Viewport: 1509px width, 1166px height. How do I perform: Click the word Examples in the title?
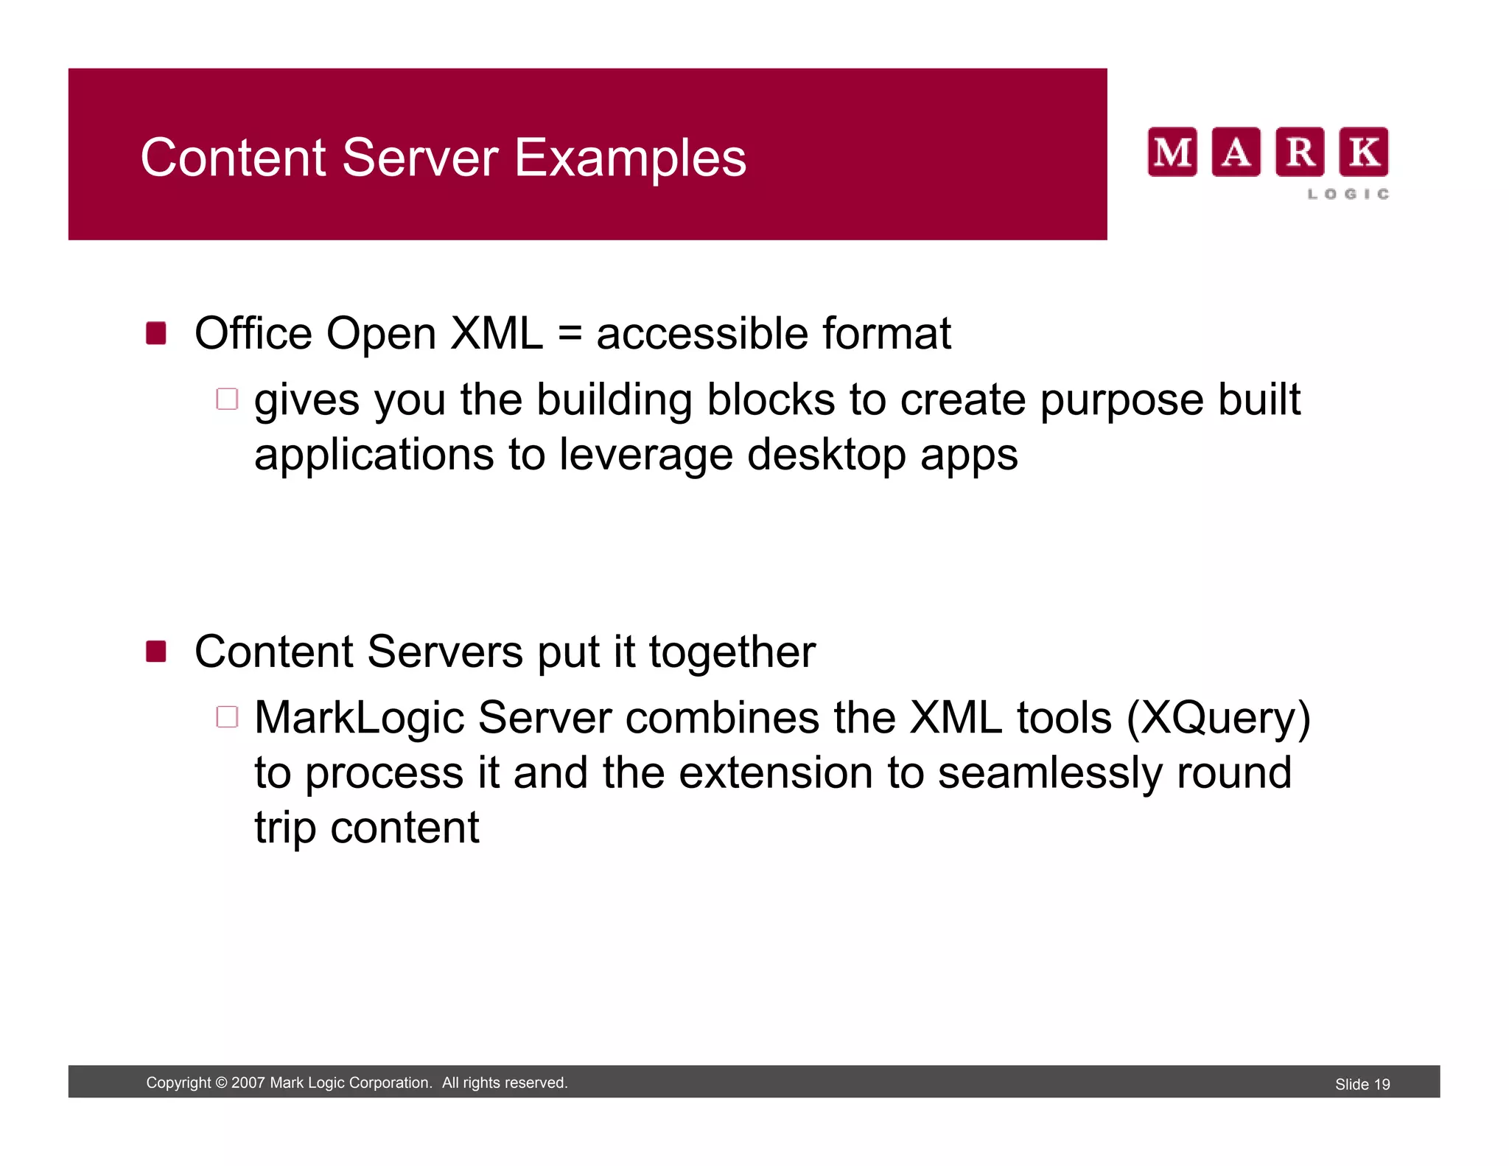point(630,158)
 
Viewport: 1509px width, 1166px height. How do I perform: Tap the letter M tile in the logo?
point(1172,152)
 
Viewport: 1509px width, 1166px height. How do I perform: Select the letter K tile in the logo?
point(1363,152)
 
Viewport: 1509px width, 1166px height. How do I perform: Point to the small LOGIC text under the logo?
point(1348,194)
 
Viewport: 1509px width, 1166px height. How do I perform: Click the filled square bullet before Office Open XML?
point(156,333)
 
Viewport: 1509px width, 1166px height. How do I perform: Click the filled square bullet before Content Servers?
point(156,652)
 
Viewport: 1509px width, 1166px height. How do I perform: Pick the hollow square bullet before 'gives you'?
point(227,399)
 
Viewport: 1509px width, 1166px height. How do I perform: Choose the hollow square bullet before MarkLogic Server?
point(227,717)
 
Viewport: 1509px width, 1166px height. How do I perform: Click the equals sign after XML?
point(570,334)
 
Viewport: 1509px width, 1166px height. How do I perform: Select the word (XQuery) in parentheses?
point(1219,719)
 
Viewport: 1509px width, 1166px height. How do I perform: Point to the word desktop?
point(826,455)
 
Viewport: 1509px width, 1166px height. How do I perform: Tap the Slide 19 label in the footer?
point(1362,1084)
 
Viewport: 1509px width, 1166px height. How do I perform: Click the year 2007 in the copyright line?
point(248,1083)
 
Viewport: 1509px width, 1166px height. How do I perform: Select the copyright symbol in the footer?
point(221,1083)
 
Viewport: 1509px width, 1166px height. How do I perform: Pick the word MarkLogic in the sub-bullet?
point(359,719)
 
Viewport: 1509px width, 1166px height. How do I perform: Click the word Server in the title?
point(420,158)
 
